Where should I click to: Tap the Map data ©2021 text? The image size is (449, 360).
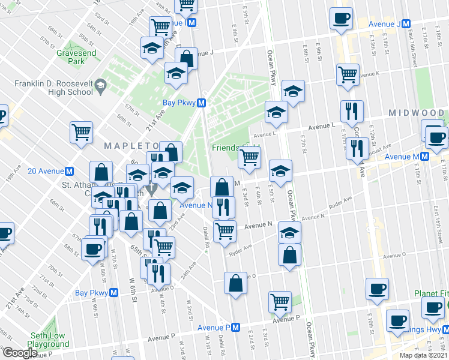pyautogui.click(x=423, y=355)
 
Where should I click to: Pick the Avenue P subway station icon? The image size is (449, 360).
pyautogui.click(x=236, y=328)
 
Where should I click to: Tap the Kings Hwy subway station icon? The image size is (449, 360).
pyautogui.click(x=445, y=330)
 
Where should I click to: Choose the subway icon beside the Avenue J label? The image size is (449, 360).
pyautogui.click(x=406, y=23)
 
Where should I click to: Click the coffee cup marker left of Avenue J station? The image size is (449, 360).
pyautogui.click(x=341, y=19)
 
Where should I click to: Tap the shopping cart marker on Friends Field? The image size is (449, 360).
pyautogui.click(x=249, y=158)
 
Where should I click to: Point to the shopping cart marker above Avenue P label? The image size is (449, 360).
pyautogui.click(x=280, y=302)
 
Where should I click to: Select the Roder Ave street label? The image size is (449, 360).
pyautogui.click(x=340, y=212)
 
